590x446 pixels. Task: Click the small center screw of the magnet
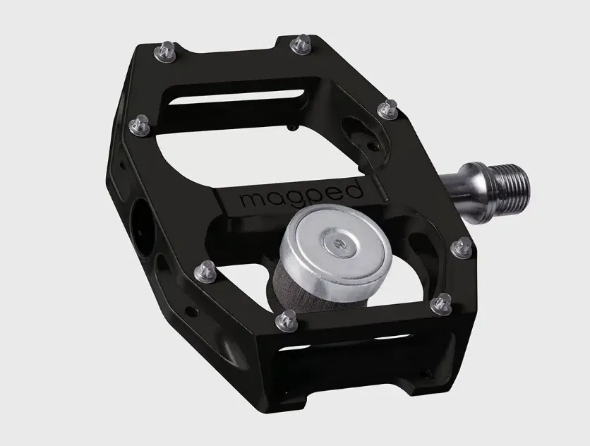[336, 244]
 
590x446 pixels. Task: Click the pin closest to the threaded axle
[462, 248]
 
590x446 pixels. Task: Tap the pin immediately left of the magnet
[205, 272]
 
